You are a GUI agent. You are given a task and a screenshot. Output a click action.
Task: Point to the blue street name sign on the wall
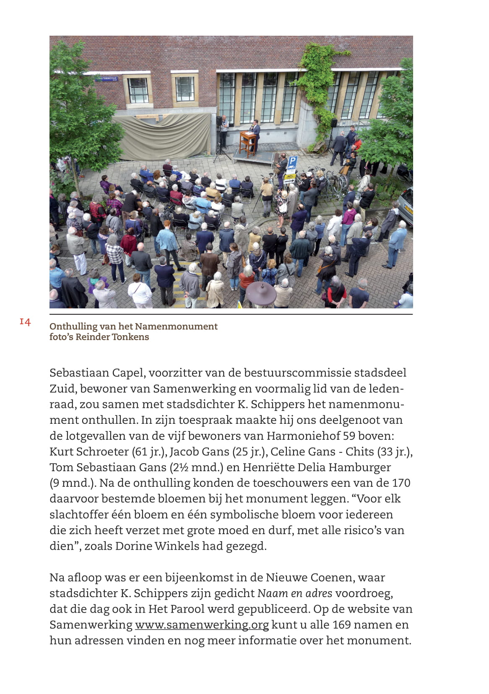point(107,78)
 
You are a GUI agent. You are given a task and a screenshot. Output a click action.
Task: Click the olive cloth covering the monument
point(161,136)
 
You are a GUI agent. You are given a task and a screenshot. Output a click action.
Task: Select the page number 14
point(25,322)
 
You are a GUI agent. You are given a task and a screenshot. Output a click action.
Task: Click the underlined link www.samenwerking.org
point(202,625)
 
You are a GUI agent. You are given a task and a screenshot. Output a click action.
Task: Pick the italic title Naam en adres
point(294,593)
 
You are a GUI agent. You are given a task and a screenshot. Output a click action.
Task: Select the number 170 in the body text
point(401,483)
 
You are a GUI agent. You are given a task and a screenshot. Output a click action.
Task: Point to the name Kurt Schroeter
point(89,451)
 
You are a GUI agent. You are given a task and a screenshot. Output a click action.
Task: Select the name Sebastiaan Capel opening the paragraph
point(97,373)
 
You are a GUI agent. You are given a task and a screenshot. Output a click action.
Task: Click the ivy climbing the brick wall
point(320,84)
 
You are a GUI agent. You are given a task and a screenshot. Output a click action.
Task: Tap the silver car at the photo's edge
point(407,206)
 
